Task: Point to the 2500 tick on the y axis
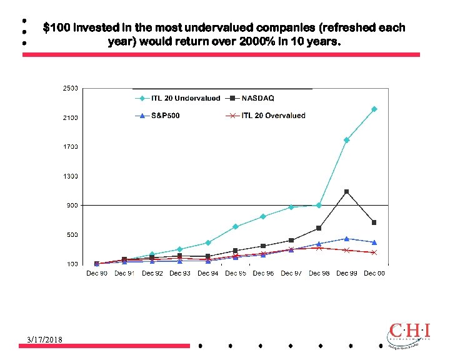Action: (x=69, y=88)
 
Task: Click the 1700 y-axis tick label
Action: (x=69, y=147)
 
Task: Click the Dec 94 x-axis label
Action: (x=207, y=273)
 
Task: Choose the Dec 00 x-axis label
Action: (x=374, y=273)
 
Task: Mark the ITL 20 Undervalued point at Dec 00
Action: (x=374, y=109)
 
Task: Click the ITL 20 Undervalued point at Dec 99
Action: (x=346, y=140)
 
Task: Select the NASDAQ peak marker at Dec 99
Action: (x=346, y=192)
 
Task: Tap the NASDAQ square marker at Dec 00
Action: (x=374, y=222)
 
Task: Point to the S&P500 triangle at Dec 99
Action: (x=346, y=239)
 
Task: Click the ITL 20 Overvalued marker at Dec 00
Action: (x=374, y=252)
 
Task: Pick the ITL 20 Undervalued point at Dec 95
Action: (x=235, y=227)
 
